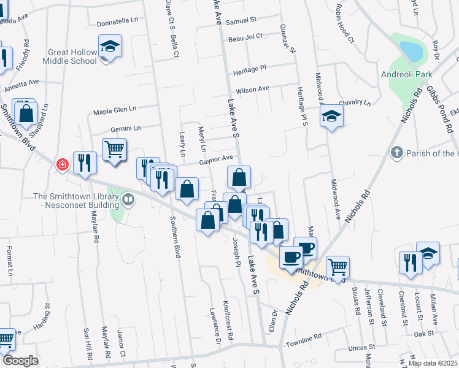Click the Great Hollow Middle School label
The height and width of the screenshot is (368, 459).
tap(71, 56)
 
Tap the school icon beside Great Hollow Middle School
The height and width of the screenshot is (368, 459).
tap(110, 47)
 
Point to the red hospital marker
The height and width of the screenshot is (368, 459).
tap(62, 164)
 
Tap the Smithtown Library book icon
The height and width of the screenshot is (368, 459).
tap(128, 199)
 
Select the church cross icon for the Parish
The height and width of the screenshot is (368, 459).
tap(397, 152)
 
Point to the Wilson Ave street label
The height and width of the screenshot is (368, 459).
tap(253, 89)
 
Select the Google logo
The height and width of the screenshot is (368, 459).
tap(21, 361)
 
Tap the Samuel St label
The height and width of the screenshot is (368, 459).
tap(241, 20)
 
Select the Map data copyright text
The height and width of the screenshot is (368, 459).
tap(433, 363)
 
